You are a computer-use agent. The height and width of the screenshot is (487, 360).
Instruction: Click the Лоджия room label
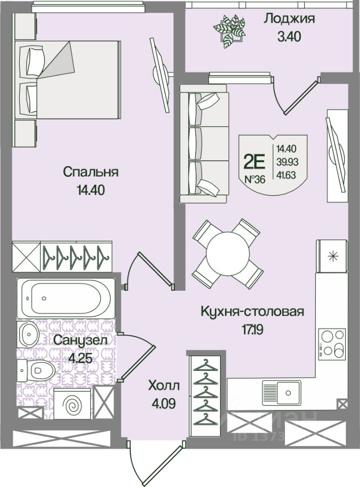coord(290,19)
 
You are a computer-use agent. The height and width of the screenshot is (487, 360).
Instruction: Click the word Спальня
coord(91,171)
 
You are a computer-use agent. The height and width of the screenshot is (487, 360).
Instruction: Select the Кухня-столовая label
coord(253,311)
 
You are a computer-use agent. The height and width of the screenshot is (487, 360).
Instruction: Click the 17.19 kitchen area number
coord(253,329)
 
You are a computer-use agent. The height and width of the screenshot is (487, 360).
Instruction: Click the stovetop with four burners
coord(332,342)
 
